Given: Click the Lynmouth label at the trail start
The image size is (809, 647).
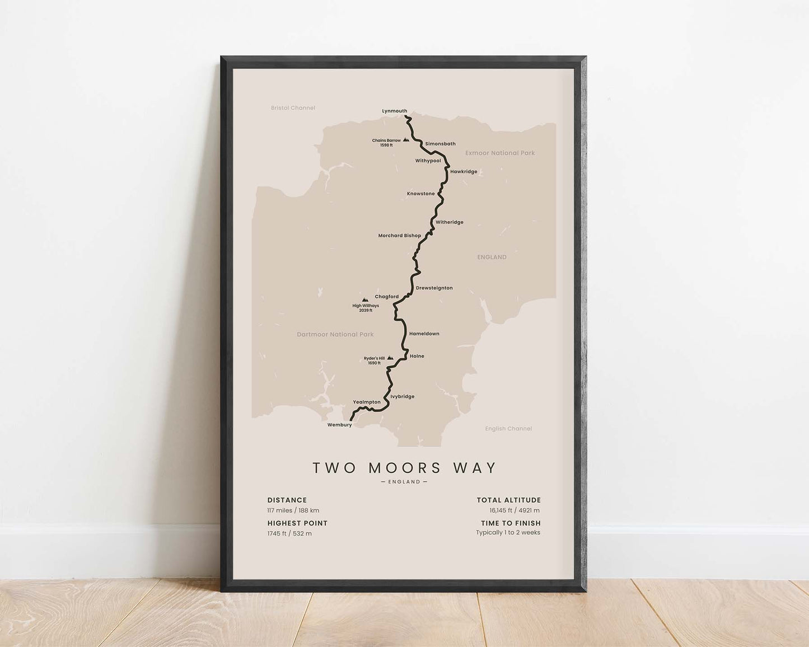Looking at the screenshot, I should point(394,111).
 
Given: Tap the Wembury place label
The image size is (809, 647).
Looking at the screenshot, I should point(339,425).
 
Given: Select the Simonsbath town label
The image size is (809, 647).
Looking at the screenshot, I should point(440,144).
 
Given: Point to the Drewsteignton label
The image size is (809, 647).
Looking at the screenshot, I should point(434,288).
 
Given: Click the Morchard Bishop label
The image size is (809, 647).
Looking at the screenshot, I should point(399,236).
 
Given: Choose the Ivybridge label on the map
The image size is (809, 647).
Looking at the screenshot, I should point(402,397).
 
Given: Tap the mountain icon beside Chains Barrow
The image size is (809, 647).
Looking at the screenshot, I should point(406,140).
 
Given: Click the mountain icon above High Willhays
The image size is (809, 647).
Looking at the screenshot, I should point(365,300).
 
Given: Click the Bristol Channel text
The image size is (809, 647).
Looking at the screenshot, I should point(293,108).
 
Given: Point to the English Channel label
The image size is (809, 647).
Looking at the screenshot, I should point(508,429).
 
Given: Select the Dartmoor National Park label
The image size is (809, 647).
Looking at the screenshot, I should point(335,335).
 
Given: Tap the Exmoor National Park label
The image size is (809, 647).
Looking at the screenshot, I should point(500,153).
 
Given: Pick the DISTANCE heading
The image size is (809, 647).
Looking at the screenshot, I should point(287,500).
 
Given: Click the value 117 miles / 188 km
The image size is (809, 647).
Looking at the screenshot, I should point(293,510).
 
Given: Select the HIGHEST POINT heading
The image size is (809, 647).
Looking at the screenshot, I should point(297,523).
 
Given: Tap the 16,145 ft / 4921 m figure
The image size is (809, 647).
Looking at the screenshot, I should point(514,510).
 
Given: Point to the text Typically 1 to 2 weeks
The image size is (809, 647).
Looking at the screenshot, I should point(508,533).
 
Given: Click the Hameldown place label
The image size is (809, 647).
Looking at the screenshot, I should point(424,334).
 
